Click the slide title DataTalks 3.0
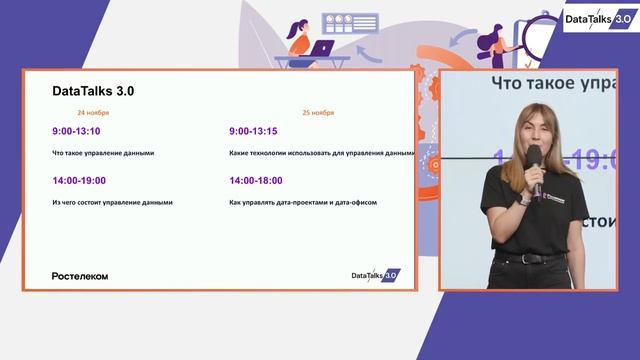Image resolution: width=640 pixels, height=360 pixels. pyautogui.click(x=93, y=91)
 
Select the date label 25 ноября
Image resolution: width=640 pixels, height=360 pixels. pyautogui.click(x=319, y=113)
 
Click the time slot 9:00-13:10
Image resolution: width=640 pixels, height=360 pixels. pyautogui.click(x=76, y=131)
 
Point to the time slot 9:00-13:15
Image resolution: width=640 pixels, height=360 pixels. pyautogui.click(x=253, y=131)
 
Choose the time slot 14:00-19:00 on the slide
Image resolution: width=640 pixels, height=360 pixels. pyautogui.click(x=79, y=180)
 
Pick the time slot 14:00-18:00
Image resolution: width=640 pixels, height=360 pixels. pyautogui.click(x=255, y=180)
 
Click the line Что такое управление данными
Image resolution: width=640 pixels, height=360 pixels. pyautogui.click(x=102, y=153)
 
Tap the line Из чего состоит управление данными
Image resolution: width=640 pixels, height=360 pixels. pyautogui.click(x=112, y=202)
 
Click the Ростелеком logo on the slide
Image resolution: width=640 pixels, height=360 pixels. pyautogui.click(x=80, y=275)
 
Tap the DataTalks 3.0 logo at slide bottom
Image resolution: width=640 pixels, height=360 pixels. pyautogui.click(x=375, y=274)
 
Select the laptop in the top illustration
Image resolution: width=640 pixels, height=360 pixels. pyautogui.click(x=321, y=48)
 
